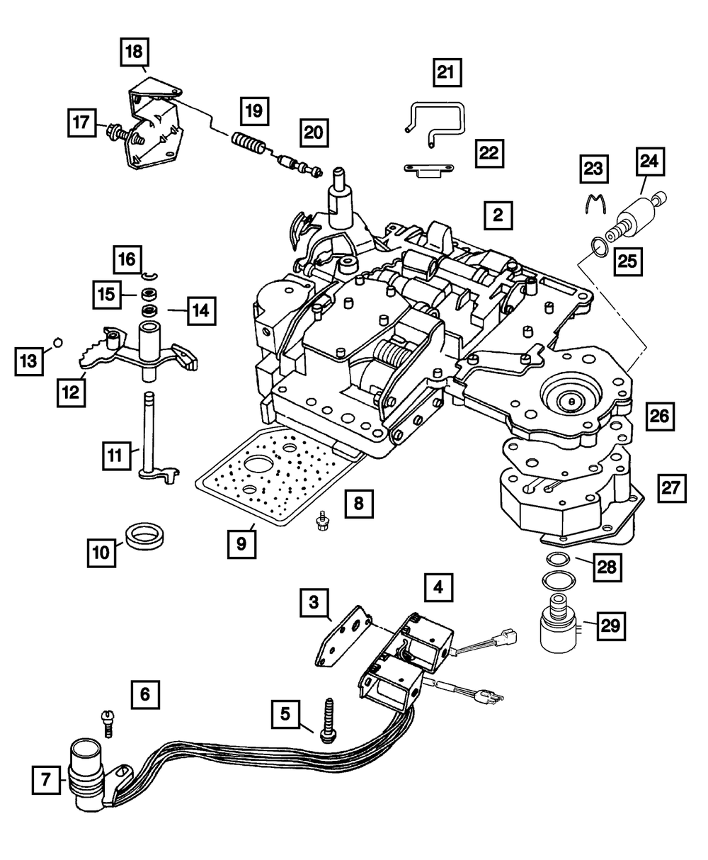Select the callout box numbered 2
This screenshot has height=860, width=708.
pyautogui.click(x=498, y=215)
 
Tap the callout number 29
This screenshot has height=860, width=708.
pyautogui.click(x=610, y=625)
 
